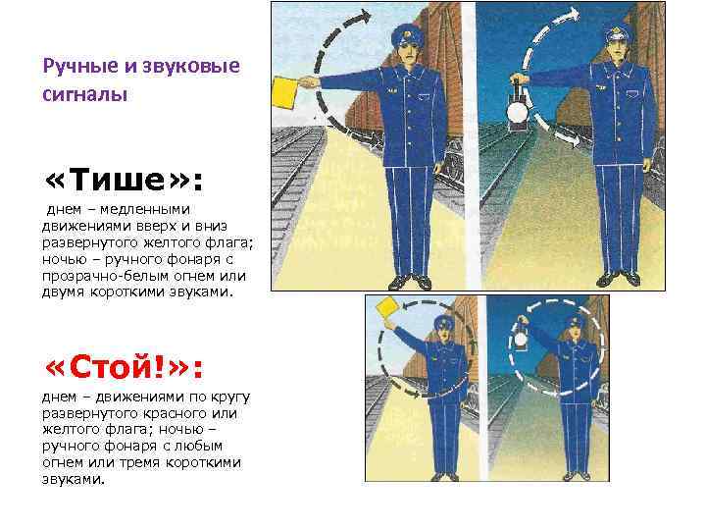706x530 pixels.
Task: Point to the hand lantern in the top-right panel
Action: pyautogui.click(x=514, y=109)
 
